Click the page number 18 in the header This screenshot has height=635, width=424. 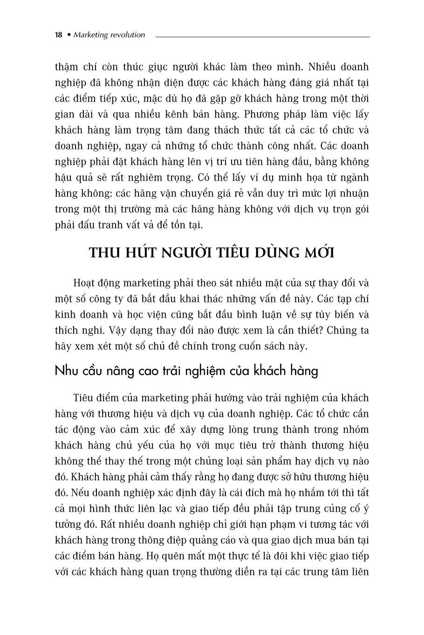(x=58, y=35)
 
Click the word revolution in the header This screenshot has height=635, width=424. (x=127, y=35)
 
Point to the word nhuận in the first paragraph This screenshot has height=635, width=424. (x=353, y=193)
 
